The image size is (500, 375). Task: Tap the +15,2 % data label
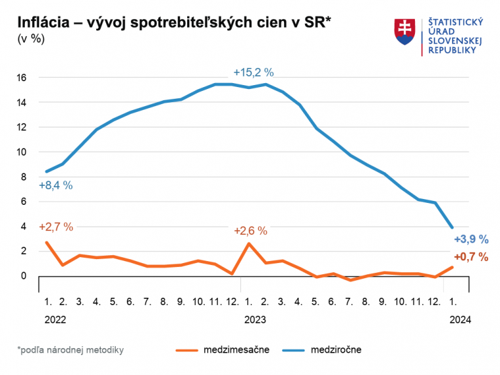[253, 73]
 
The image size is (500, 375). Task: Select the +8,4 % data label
[56, 185]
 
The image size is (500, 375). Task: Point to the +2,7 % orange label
[56, 227]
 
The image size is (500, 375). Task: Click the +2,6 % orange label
[251, 230]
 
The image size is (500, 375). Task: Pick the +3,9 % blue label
[471, 240]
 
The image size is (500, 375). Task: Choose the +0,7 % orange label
[471, 257]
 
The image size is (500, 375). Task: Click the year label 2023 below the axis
[255, 320]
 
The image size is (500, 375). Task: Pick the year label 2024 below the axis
[460, 320]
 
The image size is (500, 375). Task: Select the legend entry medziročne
[336, 350]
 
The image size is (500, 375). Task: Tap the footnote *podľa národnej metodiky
[71, 350]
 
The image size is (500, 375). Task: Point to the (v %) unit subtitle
[31, 39]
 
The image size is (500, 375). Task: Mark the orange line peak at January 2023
[249, 243]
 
